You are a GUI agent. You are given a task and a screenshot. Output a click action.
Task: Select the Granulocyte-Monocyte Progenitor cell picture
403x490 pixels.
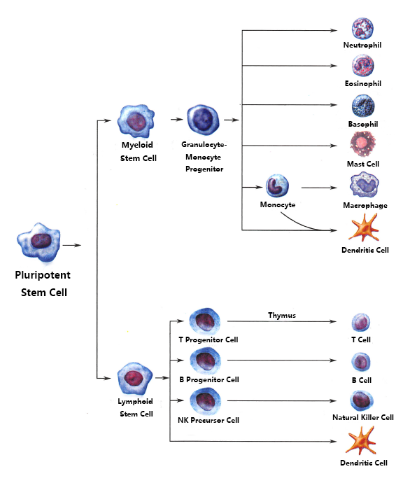[x=204, y=119]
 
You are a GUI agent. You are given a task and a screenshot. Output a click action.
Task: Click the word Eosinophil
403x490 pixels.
[x=362, y=84]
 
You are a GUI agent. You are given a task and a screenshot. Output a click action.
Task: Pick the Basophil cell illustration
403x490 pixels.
[x=364, y=107]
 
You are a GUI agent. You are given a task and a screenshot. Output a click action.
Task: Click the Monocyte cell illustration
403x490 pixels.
[x=277, y=187]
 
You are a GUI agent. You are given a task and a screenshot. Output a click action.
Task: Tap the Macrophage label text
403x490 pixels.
[x=365, y=206]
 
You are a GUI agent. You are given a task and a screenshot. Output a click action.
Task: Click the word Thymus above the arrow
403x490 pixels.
[x=282, y=315]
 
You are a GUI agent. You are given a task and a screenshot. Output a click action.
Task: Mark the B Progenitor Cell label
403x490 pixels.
[x=208, y=379]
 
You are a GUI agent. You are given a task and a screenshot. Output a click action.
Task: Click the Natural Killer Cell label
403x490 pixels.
[x=362, y=417]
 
